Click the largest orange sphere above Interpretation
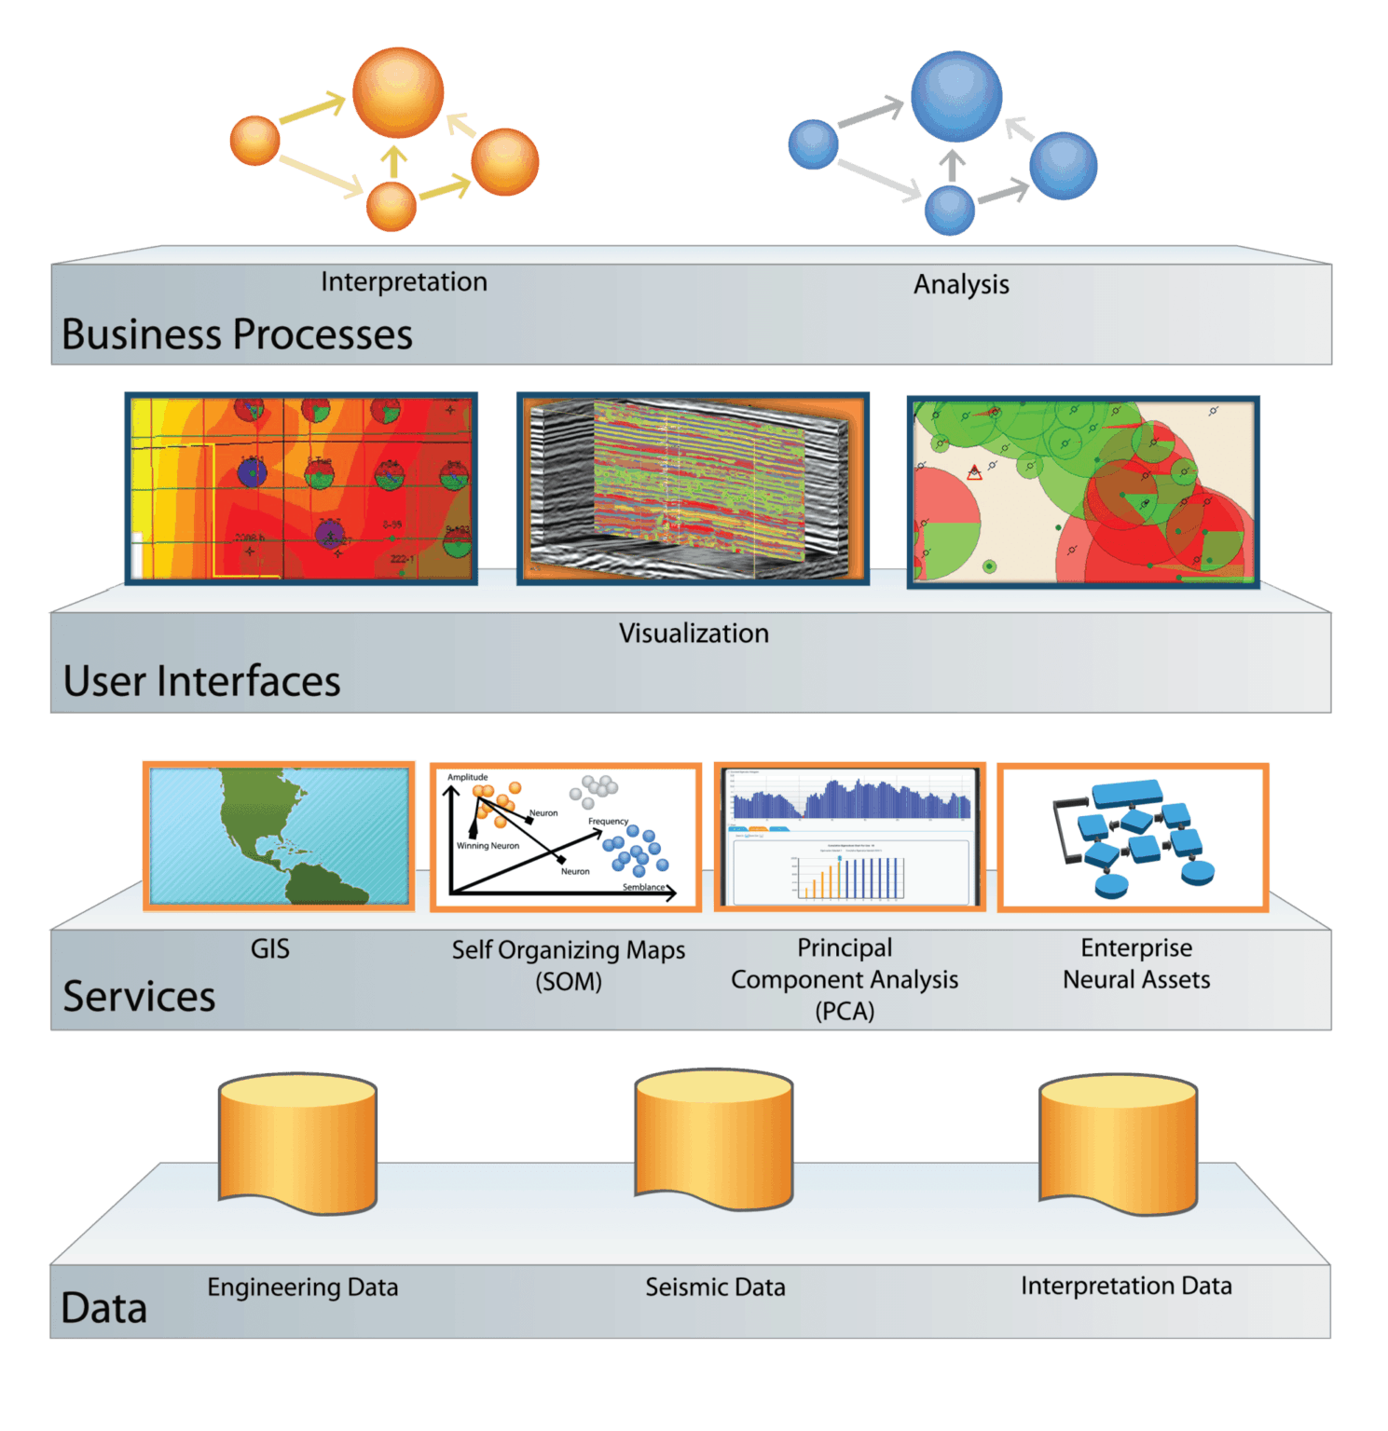[398, 93]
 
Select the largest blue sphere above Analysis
[956, 97]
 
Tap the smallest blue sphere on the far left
[813, 144]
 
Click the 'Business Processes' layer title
[237, 334]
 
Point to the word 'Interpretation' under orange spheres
[404, 281]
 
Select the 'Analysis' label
[961, 284]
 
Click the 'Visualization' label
[694, 634]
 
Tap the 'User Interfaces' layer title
[201, 681]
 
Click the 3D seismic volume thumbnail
[693, 488]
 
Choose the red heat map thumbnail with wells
[301, 488]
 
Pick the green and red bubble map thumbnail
[1083, 492]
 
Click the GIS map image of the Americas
[279, 836]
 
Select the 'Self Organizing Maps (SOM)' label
[569, 965]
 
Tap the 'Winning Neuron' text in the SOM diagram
[488, 846]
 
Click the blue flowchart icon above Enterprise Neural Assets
[1133, 837]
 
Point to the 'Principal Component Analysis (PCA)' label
[845, 979]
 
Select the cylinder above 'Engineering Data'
[297, 1143]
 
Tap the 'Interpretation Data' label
[1126, 1286]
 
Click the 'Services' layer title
[139, 996]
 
